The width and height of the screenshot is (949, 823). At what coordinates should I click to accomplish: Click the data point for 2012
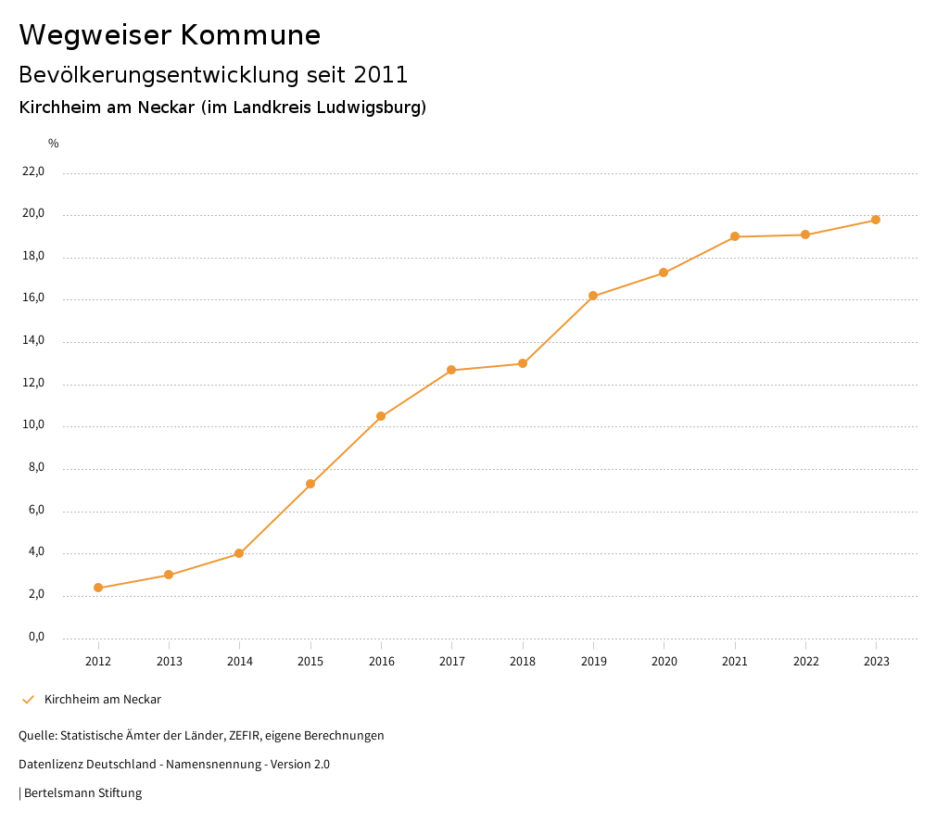98,588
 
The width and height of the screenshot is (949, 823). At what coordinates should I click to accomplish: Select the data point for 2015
310,484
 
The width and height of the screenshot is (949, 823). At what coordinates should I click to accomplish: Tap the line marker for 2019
593,297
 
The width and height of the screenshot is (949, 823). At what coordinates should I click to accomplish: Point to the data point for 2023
876,220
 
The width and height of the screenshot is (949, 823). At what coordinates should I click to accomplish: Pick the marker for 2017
451,370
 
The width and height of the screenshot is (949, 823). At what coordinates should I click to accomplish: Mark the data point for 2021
735,236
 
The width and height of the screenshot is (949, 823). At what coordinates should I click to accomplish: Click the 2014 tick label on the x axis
240,662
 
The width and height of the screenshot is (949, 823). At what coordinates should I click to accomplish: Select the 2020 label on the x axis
664,662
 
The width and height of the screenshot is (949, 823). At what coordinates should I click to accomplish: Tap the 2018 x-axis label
523,662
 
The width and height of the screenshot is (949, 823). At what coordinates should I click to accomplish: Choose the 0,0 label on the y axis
36,637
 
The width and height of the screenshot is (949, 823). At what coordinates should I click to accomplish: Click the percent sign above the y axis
54,144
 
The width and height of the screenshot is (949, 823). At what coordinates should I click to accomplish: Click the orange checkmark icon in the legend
28,700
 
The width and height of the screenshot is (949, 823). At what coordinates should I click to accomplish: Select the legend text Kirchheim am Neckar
102,700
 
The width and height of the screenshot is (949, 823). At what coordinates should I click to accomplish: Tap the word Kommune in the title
250,35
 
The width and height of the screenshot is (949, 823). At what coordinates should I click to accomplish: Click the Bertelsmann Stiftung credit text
82,793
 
